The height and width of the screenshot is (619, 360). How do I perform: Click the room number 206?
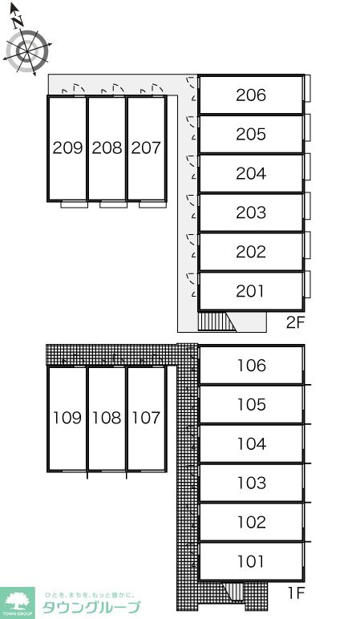pos(251,95)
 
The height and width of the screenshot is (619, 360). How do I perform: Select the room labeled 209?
pos(67,148)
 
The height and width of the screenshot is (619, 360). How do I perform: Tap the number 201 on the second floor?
pos(251,291)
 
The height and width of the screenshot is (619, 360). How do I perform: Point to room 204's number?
pos(251,173)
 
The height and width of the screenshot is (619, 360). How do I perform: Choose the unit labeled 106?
pos(252,366)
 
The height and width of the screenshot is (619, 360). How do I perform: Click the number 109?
pos(67,418)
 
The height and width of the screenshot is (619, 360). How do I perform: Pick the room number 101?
pos(251,561)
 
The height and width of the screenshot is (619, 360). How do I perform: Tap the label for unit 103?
pos(252,483)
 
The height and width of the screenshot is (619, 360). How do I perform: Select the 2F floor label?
pos(296,323)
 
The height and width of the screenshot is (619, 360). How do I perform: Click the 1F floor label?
pos(295,593)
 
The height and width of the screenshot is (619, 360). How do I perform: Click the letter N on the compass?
pos(17,22)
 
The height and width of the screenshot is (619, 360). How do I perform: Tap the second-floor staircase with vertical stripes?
pos(216,322)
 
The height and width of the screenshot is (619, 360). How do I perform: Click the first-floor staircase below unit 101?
pos(233,592)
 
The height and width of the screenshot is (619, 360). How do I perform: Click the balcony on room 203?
pos(307,206)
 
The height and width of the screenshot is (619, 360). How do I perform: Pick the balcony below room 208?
pos(113,204)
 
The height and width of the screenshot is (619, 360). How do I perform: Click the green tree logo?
pos(18,603)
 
